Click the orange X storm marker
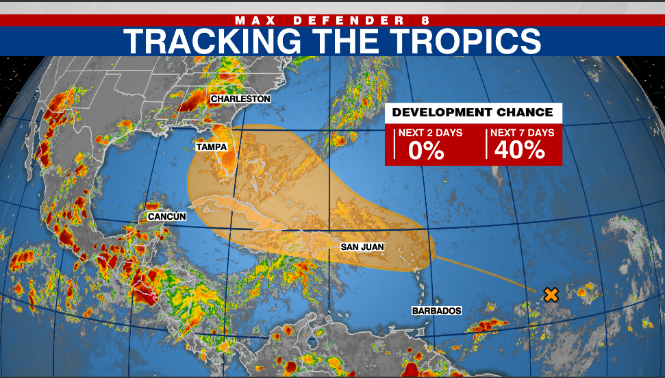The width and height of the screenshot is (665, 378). (551, 295)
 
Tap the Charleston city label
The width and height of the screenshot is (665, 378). (240, 99)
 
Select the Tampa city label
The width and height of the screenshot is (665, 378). (212, 147)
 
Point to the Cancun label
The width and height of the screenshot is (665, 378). (166, 216)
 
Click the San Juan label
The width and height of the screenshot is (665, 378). (362, 247)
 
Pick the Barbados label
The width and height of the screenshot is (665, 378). (436, 310)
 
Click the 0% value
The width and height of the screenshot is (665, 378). (426, 151)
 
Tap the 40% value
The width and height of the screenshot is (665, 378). (519, 151)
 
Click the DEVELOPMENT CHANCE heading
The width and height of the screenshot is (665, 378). (473, 112)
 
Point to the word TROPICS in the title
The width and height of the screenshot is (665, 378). (455, 41)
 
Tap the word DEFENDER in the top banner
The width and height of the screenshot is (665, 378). (344, 20)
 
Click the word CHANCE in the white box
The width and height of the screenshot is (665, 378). (523, 112)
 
